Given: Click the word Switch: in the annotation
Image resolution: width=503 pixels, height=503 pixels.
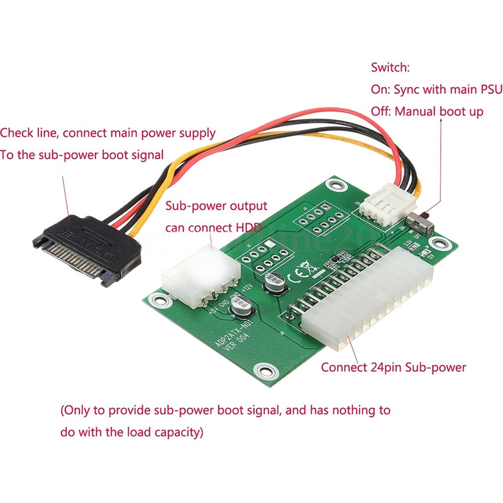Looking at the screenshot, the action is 390,67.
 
